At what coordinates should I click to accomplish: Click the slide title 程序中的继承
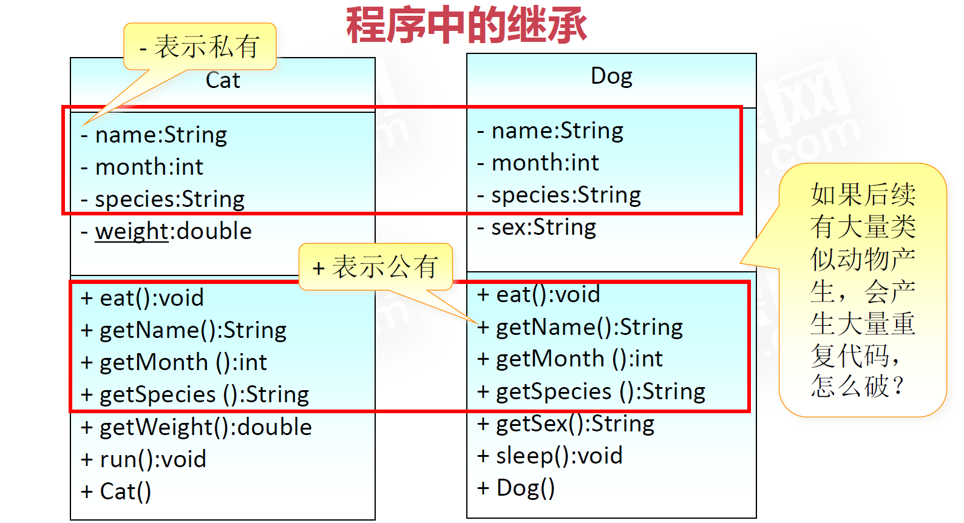click(466, 25)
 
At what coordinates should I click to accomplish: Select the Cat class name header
click(223, 81)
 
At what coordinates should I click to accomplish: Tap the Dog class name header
click(611, 76)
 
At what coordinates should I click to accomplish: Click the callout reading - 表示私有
click(200, 47)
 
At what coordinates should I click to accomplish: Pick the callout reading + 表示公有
click(375, 267)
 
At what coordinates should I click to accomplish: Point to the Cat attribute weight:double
click(166, 231)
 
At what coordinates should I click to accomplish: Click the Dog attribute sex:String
click(537, 227)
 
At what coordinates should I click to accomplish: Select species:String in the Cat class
click(163, 199)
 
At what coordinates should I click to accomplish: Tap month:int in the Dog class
click(538, 163)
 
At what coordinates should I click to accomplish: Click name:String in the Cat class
click(154, 135)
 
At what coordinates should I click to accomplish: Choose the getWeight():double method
click(196, 427)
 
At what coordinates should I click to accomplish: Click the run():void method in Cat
click(143, 459)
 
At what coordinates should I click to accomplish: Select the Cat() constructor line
click(116, 491)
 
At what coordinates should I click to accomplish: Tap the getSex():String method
click(566, 423)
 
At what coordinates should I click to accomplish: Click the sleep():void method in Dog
click(550, 456)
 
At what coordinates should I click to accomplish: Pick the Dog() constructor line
click(516, 488)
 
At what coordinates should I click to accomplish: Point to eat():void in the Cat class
click(142, 298)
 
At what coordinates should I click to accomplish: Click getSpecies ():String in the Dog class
click(591, 391)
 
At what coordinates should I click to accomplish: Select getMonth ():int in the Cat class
click(174, 362)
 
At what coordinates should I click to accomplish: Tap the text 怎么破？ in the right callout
click(857, 385)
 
